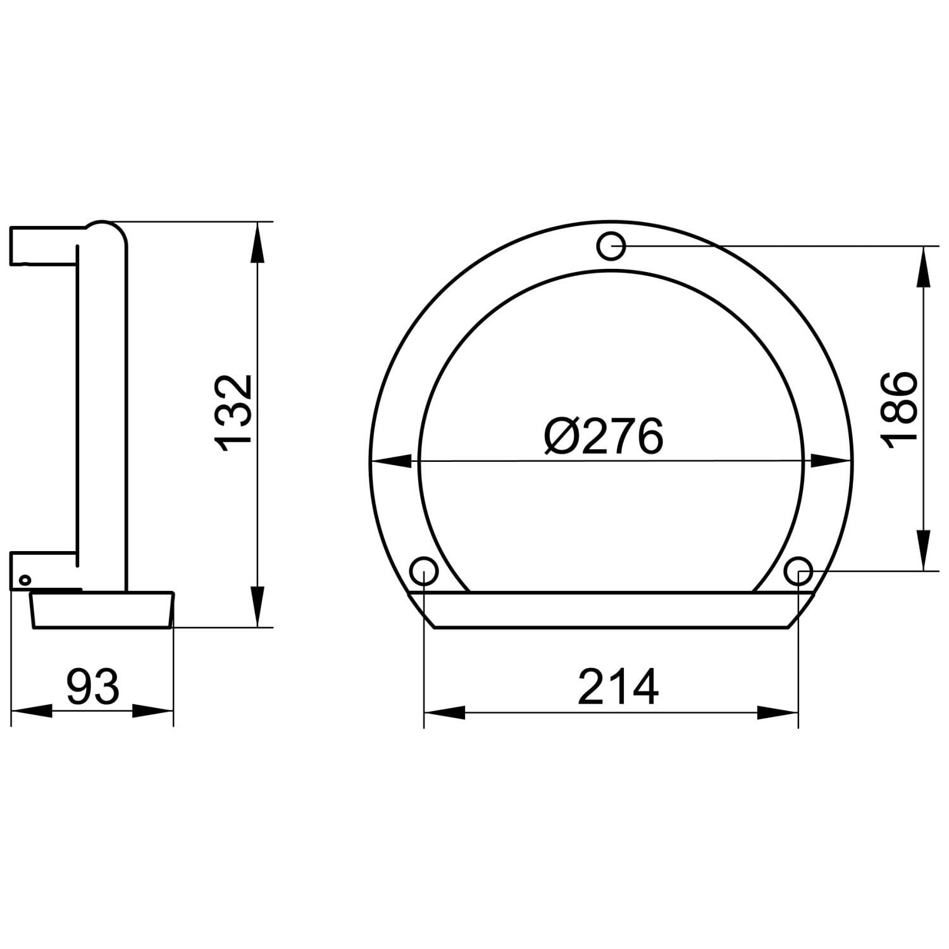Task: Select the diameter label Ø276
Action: pos(604,435)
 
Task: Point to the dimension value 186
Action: pos(897,409)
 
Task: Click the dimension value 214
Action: pos(618,686)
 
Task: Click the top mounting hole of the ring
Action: pos(611,246)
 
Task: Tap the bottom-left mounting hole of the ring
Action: pos(424,571)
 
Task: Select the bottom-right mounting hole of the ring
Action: pos(798,571)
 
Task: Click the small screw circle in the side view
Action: pos(25,579)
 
